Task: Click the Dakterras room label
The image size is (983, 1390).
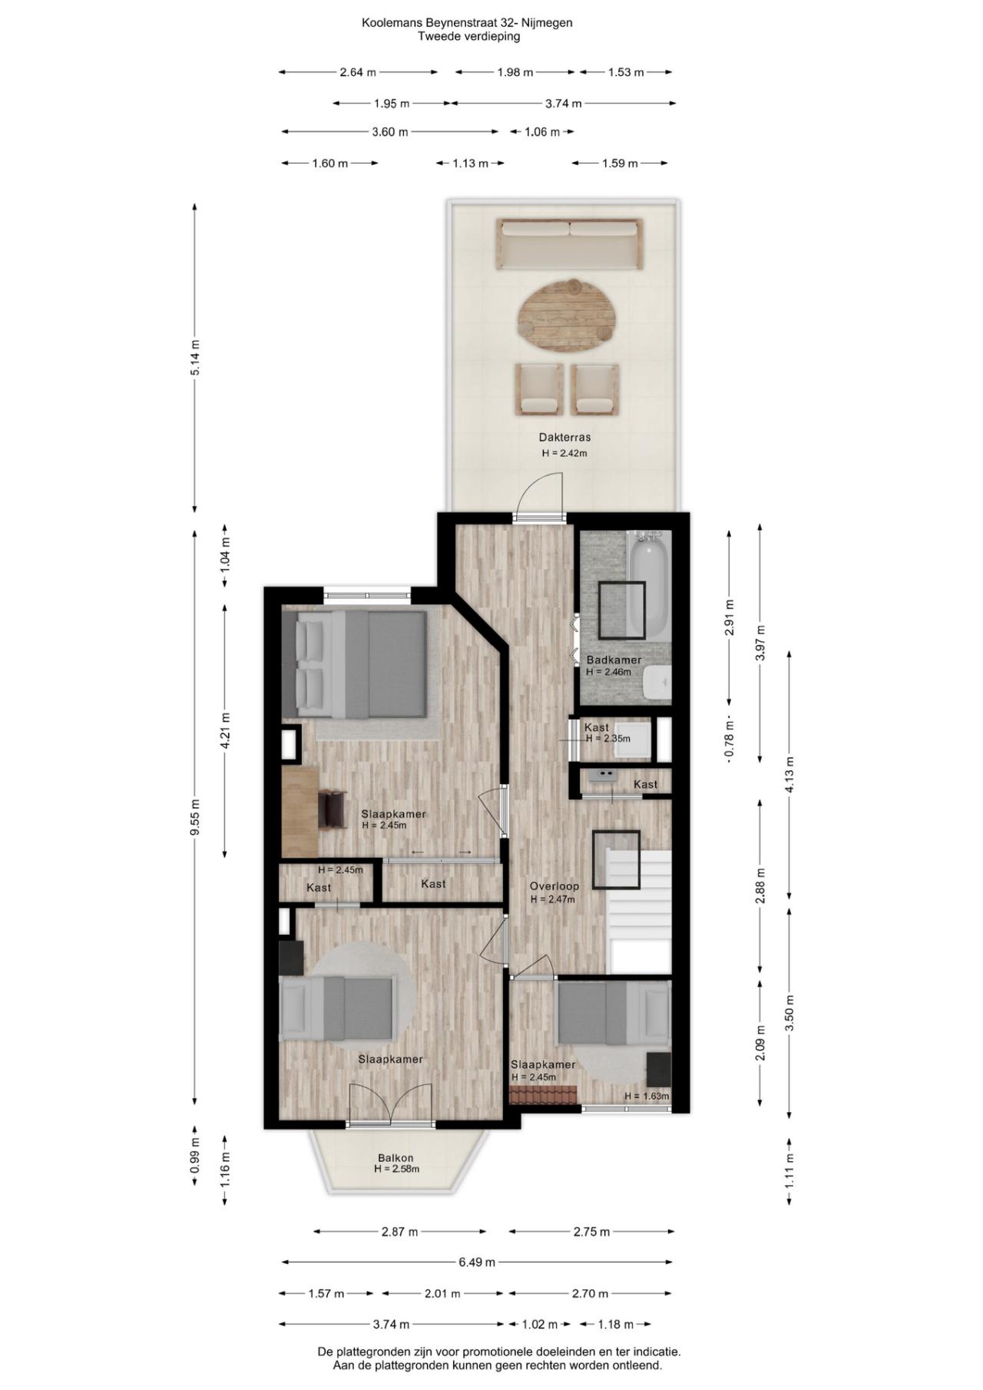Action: click(564, 438)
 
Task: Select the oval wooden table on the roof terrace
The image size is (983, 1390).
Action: click(567, 316)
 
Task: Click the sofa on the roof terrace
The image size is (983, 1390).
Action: click(569, 243)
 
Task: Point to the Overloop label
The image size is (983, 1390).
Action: click(554, 886)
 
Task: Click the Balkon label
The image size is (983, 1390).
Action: click(396, 1158)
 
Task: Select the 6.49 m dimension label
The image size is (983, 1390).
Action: click(477, 1262)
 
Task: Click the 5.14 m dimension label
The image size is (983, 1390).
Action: click(195, 357)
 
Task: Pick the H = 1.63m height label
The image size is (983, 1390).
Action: click(647, 1096)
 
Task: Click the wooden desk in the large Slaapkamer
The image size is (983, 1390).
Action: click(300, 812)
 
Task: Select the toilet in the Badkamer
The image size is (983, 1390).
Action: click(658, 683)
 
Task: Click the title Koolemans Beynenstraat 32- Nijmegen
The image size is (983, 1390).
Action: click(467, 23)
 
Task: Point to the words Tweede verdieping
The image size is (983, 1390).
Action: click(468, 36)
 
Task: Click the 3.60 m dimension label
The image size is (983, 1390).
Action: click(389, 132)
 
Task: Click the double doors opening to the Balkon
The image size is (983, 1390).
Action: click(392, 1106)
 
